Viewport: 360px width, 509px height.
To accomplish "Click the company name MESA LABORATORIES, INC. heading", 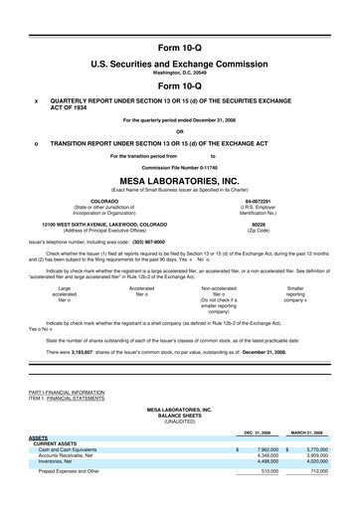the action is [179, 182].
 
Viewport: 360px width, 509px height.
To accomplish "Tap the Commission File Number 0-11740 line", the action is [179, 167].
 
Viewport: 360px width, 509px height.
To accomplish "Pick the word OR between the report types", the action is [179, 131].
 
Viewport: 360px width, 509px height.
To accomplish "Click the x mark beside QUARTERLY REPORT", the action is [36, 100].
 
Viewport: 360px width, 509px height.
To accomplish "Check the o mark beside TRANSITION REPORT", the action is [36, 143].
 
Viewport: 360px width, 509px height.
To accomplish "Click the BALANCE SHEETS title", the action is [179, 414].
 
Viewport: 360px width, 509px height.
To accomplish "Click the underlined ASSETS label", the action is [39, 437].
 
